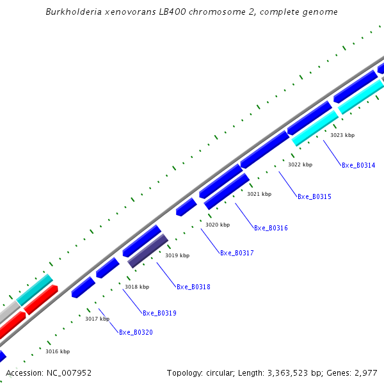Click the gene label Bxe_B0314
click(358, 165)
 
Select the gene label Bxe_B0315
click(314, 196)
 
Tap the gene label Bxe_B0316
click(271, 228)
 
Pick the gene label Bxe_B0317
click(237, 253)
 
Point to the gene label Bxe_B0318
click(193, 287)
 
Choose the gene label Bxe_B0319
click(159, 313)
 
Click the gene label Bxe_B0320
click(136, 332)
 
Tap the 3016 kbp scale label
click(58, 351)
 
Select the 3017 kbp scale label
click(97, 319)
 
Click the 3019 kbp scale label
click(177, 255)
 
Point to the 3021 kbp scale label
click(259, 194)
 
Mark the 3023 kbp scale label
click(342, 135)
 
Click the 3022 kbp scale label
click(300, 164)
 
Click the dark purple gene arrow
click(148, 251)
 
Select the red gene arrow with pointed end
click(41, 300)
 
